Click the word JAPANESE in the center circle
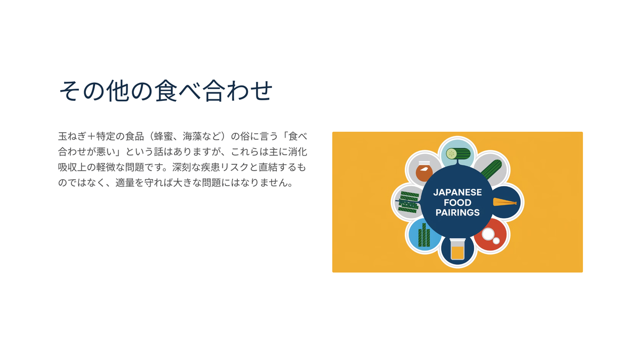pyautogui.click(x=458, y=193)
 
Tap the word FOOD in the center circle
pyautogui.click(x=458, y=203)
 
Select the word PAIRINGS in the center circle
pyautogui.click(x=458, y=213)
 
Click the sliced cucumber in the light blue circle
pyautogui.click(x=458, y=154)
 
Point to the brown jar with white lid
pyautogui.click(x=424, y=171)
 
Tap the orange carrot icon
pyautogui.click(x=505, y=202)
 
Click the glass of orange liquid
pyautogui.click(x=458, y=249)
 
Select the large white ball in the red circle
pyautogui.click(x=488, y=234)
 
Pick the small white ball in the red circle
pyautogui.click(x=497, y=241)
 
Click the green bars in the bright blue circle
pyautogui.click(x=424, y=235)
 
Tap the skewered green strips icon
pyautogui.click(x=408, y=202)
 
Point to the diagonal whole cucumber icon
pyautogui.click(x=491, y=169)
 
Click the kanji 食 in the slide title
pyautogui.click(x=166, y=91)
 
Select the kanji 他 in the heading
pyautogui.click(x=118, y=91)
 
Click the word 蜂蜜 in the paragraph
pyautogui.click(x=164, y=137)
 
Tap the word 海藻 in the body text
pyautogui.click(x=193, y=137)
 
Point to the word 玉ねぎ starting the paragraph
pyautogui.click(x=73, y=137)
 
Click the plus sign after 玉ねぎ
pyautogui.click(x=91, y=137)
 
